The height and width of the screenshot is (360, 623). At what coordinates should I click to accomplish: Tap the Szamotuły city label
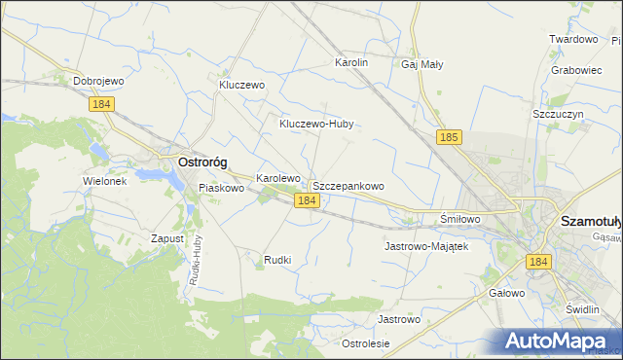(x=591, y=222)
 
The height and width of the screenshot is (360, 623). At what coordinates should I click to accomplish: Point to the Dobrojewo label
(x=102, y=81)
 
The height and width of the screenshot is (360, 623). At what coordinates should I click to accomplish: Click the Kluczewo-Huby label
(x=315, y=124)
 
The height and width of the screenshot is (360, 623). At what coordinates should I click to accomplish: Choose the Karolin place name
(x=351, y=62)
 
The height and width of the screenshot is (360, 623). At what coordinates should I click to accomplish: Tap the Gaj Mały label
(x=422, y=65)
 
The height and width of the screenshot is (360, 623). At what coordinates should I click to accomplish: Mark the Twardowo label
(x=572, y=39)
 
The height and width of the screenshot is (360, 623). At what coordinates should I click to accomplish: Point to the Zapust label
(x=167, y=237)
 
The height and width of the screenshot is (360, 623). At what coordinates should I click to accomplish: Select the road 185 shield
(x=448, y=138)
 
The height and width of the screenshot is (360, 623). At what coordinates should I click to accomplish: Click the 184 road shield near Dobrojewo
(x=101, y=104)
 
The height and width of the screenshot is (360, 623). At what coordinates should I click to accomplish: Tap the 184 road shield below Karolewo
(x=306, y=200)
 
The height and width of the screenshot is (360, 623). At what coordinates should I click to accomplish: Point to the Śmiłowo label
(x=460, y=219)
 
